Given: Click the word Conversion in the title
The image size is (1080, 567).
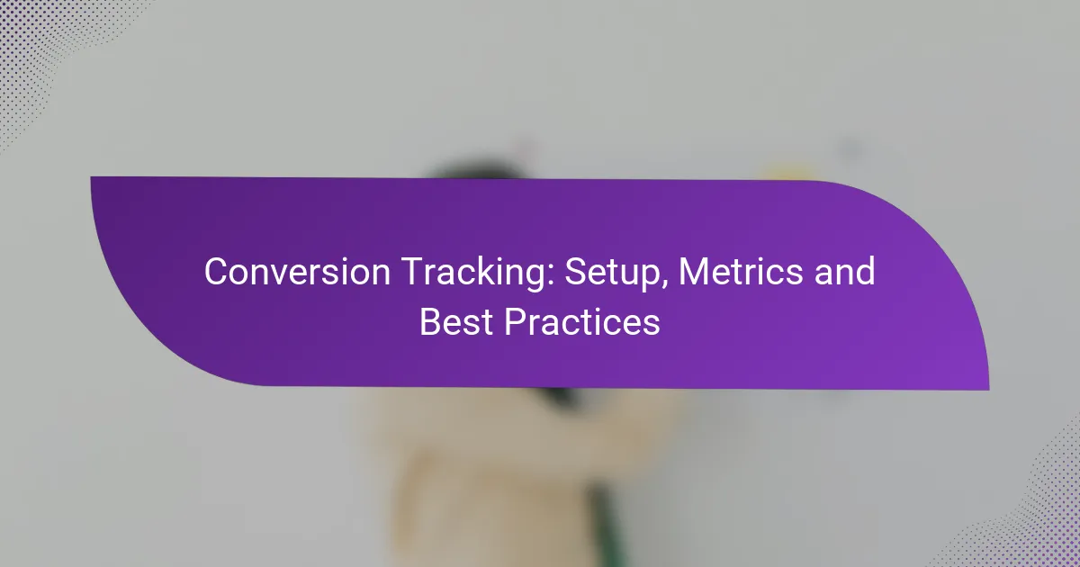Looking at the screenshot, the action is pos(297,272).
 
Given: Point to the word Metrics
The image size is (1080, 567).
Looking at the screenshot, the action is pos(741,272).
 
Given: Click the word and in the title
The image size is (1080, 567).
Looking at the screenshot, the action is pos(845,272).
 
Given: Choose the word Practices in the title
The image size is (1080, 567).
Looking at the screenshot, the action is pos(582,322).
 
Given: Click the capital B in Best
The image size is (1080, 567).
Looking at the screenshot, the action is pos(430,322).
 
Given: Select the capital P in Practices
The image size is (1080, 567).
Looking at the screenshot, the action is pos(515,322).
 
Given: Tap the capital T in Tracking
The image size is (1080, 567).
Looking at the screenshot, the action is pos(413,272).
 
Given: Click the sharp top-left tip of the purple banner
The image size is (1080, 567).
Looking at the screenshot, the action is pos(91,177).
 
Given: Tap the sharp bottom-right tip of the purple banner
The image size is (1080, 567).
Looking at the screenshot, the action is pos(989,390).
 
